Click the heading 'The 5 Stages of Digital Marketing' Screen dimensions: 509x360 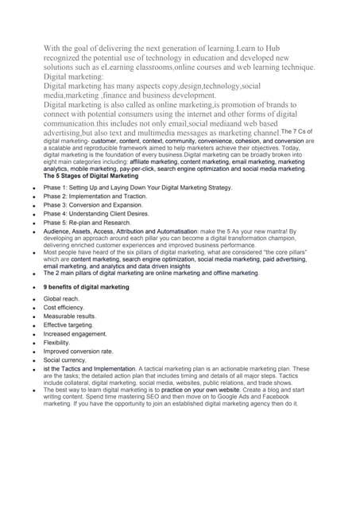coord(91,176)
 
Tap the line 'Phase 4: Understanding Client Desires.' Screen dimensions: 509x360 coord(96,213)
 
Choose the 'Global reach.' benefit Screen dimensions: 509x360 coord(62,298)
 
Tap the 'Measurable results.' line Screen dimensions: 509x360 coord(70,316)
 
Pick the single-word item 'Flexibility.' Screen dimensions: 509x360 coord(60,342)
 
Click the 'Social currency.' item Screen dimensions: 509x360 coord(65,359)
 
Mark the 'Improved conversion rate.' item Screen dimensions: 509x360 coord(78,351)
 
